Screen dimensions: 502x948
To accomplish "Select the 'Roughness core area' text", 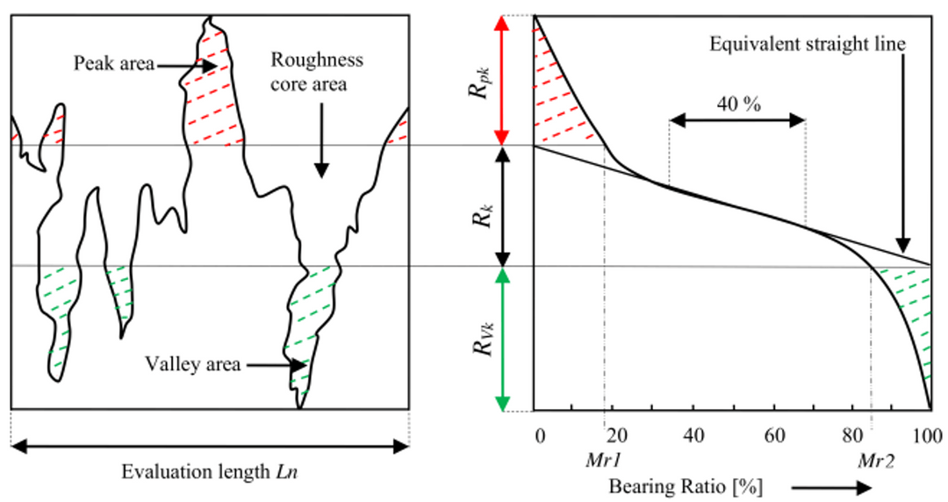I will [x=316, y=73].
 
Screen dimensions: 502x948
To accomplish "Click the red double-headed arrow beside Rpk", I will [x=503, y=80].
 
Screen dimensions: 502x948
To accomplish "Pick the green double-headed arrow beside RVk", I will [x=503, y=339].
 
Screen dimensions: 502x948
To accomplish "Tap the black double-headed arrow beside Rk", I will [x=503, y=206].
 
